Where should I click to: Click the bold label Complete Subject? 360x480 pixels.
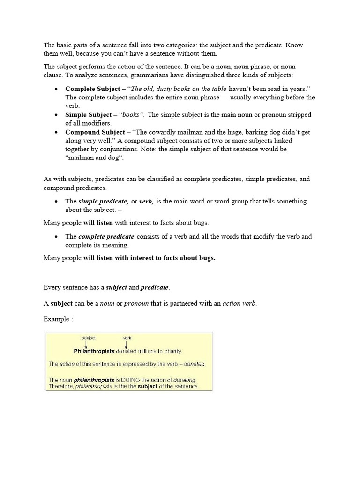pyautogui.click(x=92, y=89)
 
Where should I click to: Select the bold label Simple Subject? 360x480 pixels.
pyautogui.click(x=88, y=115)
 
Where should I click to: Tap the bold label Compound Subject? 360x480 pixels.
pyautogui.click(x=95, y=132)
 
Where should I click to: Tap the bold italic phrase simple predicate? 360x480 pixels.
pyautogui.click(x=103, y=201)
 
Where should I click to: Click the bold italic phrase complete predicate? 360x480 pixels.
pyautogui.click(x=106, y=236)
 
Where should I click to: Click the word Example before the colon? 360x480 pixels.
pyautogui.click(x=56, y=319)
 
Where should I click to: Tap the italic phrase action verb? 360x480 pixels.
pyautogui.click(x=239, y=303)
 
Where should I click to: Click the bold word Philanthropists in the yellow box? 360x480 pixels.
pyautogui.click(x=94, y=351)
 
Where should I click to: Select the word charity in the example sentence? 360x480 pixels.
pyautogui.click(x=172, y=351)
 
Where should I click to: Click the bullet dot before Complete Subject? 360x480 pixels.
pyautogui.click(x=56, y=89)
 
